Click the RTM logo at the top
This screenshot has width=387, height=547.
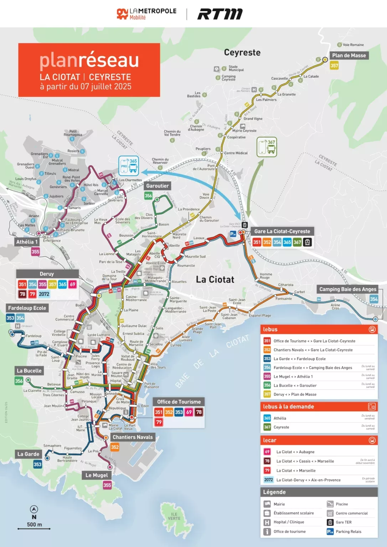tap(220, 14)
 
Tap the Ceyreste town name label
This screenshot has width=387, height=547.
tap(242, 53)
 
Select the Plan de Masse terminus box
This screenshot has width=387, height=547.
tap(349, 56)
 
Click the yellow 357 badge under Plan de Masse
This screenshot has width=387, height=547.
tap(334, 66)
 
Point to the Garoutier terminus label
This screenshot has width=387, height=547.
tap(157, 186)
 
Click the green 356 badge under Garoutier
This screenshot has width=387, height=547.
tap(148, 196)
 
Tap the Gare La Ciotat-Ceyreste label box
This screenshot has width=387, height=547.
tap(282, 231)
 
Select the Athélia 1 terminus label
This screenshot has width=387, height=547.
tap(27, 242)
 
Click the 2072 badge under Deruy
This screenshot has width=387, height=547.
tap(44, 294)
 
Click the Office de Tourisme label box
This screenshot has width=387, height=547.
tap(179, 402)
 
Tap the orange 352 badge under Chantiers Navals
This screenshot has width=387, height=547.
tap(115, 447)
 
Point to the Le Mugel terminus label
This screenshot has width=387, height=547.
tap(97, 475)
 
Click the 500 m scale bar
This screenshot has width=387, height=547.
tap(34, 528)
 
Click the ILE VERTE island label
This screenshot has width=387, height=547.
tap(174, 516)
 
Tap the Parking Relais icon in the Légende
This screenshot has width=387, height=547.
tap(330, 532)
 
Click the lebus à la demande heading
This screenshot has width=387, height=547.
tap(289, 407)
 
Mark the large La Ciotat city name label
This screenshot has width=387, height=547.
tap(215, 280)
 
